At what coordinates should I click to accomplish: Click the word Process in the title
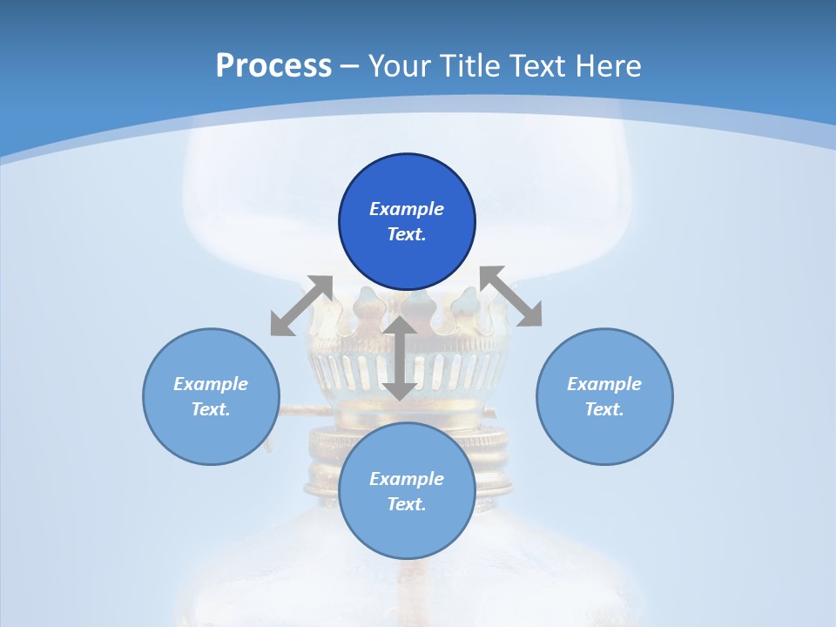click(x=273, y=66)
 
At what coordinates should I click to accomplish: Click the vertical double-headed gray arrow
click(x=400, y=359)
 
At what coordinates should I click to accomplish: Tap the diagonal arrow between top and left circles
click(x=302, y=306)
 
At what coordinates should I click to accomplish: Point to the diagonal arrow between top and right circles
click(x=510, y=296)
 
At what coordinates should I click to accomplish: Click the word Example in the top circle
click(x=407, y=209)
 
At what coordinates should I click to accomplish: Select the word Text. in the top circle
click(x=407, y=234)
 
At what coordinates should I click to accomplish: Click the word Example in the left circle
click(x=211, y=384)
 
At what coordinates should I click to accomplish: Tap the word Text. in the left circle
click(x=211, y=409)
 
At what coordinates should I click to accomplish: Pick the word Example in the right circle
click(x=604, y=384)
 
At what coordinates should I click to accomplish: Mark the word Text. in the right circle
click(x=604, y=409)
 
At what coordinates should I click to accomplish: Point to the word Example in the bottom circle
click(x=407, y=479)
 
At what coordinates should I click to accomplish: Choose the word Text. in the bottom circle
click(x=407, y=504)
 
